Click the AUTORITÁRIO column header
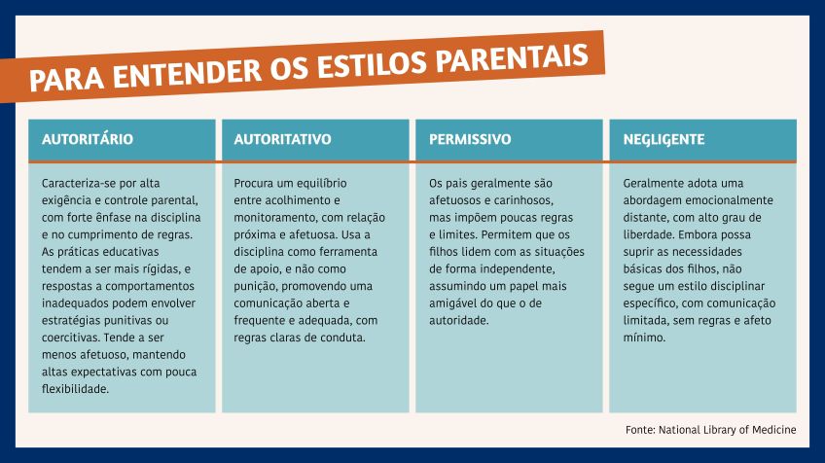88,139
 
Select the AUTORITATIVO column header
283,139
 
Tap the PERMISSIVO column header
470,139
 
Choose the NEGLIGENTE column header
664,139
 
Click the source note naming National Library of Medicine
710,429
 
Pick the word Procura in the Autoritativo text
255,183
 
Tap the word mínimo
644,338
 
